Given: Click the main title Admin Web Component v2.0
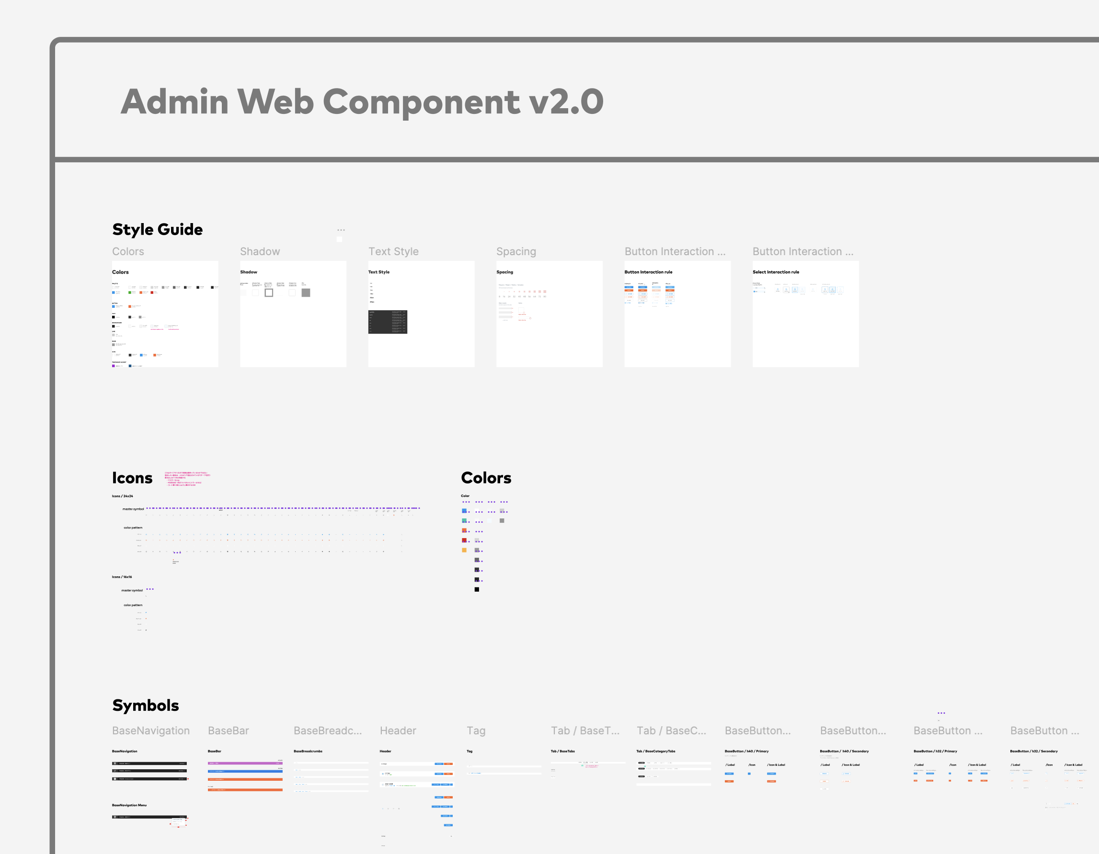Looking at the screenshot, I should pyautogui.click(x=362, y=101).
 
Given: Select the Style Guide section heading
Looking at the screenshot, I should pyautogui.click(x=158, y=229).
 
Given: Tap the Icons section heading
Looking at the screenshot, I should pyautogui.click(x=132, y=478).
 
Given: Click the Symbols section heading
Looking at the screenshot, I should pyautogui.click(x=146, y=705).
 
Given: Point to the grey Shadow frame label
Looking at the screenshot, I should pyautogui.click(x=260, y=251).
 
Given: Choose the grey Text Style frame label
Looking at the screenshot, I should pyautogui.click(x=393, y=251).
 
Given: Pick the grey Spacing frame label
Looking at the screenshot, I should pyautogui.click(x=516, y=251).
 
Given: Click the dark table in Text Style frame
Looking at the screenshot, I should pyautogui.click(x=388, y=322).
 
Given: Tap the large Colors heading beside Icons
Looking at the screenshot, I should pyautogui.click(x=486, y=478).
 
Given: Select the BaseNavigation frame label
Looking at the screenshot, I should pyautogui.click(x=151, y=731).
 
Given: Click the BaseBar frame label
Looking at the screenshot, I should pyautogui.click(x=229, y=731).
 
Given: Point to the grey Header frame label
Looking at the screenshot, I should pyautogui.click(x=398, y=731).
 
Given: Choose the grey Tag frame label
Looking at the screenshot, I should pyautogui.click(x=476, y=731).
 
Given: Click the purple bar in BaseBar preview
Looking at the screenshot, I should pyautogui.click(x=245, y=763).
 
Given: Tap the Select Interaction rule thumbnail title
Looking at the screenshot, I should pyautogui.click(x=776, y=272).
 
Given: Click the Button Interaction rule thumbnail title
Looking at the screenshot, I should pyautogui.click(x=648, y=272).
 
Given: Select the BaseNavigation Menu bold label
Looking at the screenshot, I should pyautogui.click(x=129, y=805).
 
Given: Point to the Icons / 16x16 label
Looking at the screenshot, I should pyautogui.click(x=122, y=577).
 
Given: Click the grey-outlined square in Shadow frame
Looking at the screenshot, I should pyautogui.click(x=269, y=292).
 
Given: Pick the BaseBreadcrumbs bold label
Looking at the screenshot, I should pyautogui.click(x=308, y=752).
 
